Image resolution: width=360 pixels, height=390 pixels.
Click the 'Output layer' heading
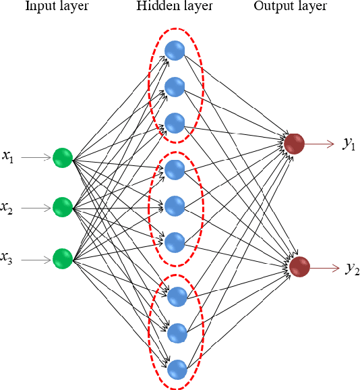tap(291, 7)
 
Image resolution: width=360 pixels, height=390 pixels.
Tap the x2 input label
tap(8, 208)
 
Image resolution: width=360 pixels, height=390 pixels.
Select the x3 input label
tap(8, 258)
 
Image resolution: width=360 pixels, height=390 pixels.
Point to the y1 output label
tap(349, 144)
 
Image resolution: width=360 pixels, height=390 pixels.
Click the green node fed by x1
tap(62, 157)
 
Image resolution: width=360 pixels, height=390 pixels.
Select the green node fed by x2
tap(62, 206)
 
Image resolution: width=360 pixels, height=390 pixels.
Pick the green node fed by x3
tap(62, 258)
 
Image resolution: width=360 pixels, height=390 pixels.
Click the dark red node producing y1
tap(294, 143)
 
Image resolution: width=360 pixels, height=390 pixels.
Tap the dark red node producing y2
tap(300, 267)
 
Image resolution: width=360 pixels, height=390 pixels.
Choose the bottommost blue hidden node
tap(177, 369)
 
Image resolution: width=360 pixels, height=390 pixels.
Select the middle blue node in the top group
tap(175, 86)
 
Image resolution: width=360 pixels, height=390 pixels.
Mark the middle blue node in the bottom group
tap(176, 332)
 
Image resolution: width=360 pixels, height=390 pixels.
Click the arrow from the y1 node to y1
tap(320, 143)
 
